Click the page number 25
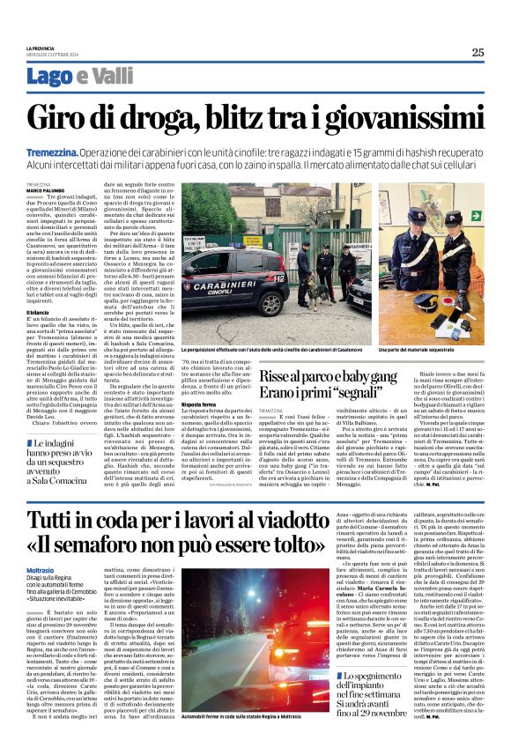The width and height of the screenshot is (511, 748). (478, 52)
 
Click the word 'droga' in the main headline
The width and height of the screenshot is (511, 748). (168, 118)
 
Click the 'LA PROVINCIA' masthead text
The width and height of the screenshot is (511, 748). (41, 48)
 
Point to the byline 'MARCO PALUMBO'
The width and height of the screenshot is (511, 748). (47, 189)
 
